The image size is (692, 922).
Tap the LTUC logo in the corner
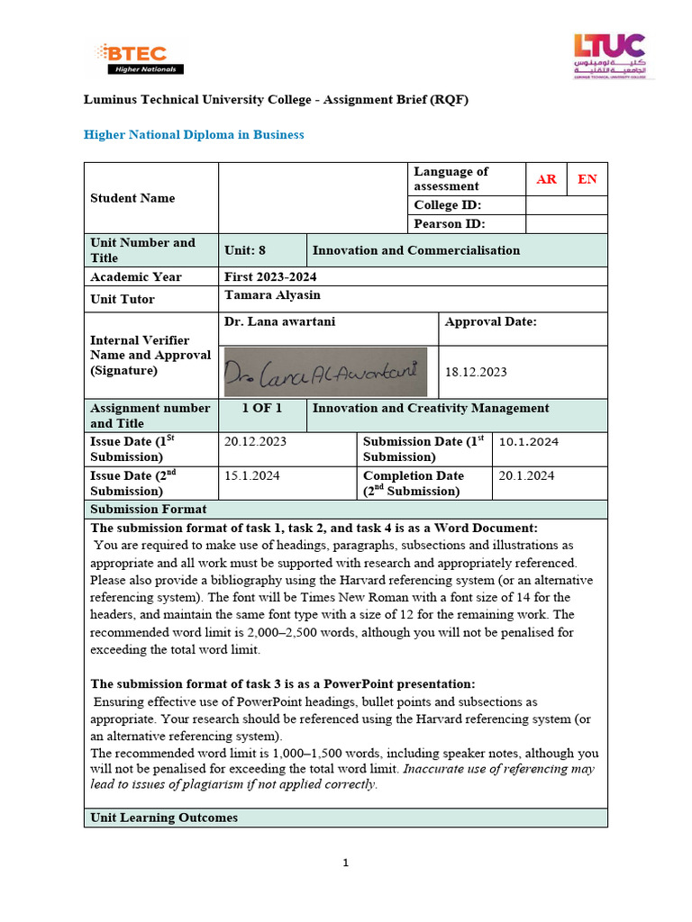609,56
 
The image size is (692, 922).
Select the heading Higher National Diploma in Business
194,134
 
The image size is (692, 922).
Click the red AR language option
546,179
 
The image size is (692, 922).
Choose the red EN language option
587,179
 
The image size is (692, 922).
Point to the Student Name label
132,198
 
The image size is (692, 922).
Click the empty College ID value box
566,205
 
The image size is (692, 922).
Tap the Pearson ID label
449,224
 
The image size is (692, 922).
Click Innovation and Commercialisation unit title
415,250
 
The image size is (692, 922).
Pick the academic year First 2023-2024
270,276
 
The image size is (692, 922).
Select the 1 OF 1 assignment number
262,408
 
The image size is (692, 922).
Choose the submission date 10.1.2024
529,441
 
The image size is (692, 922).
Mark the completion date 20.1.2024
526,475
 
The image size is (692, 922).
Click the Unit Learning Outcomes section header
164,818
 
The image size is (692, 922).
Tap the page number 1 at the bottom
345,863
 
